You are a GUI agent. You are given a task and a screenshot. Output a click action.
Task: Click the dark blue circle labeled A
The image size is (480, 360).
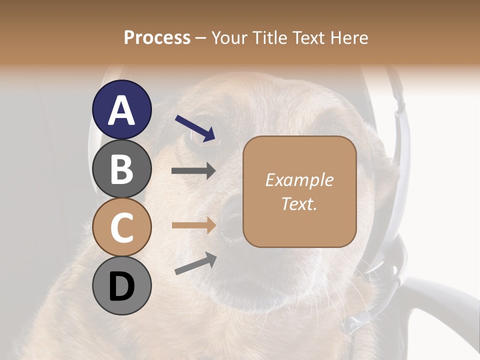121,109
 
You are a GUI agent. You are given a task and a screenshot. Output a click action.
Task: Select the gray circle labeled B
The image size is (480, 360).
121,168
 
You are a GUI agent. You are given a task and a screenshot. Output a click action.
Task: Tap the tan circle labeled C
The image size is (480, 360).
121,227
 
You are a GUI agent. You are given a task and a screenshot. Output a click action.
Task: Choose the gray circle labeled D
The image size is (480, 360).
121,286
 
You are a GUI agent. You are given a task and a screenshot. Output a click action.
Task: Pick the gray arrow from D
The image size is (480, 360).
195,263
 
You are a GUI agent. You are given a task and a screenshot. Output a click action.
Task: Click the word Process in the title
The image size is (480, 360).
157,38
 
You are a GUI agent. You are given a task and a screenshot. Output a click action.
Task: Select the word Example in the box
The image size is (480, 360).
299,180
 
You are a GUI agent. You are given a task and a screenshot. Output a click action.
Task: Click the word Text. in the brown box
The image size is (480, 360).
299,204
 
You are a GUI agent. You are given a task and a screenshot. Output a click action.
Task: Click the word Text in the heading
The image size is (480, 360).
308,38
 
